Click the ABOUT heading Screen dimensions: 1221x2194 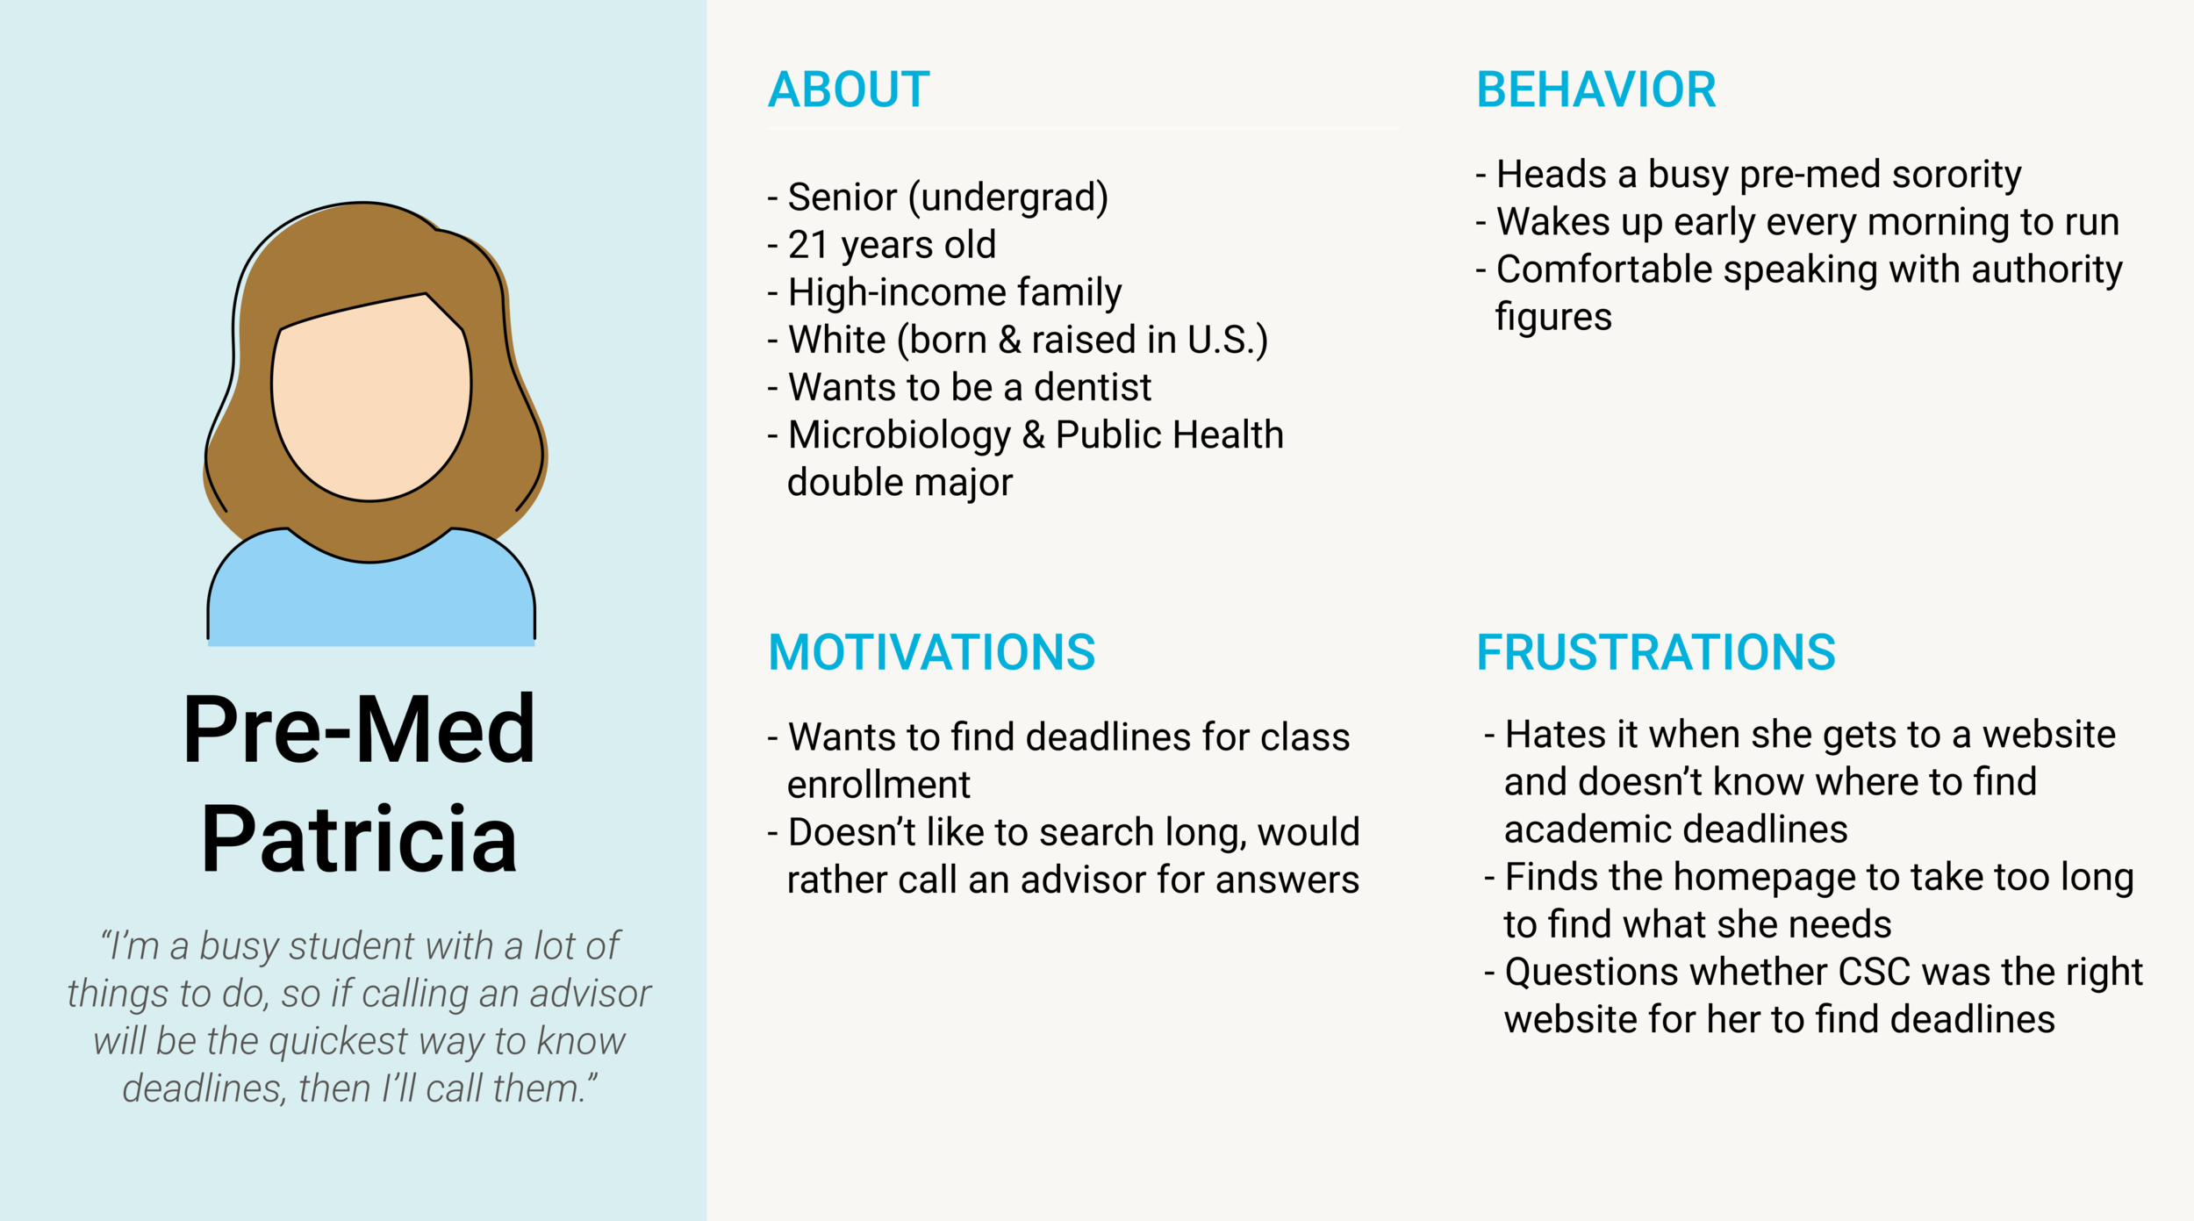[848, 90]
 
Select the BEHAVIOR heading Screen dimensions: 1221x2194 [1595, 90]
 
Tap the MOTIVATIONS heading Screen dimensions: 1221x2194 [931, 652]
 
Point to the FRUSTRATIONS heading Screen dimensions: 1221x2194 [1655, 652]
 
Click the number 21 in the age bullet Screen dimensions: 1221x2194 [807, 245]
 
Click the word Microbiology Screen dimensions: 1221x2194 [899, 435]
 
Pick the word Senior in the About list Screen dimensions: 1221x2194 [842, 198]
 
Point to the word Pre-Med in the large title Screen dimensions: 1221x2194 [359, 729]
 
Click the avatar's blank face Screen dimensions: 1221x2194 [370, 395]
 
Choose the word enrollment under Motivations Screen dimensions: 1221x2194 [878, 785]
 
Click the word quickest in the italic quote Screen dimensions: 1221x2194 [338, 1041]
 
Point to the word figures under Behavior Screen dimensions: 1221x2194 [1552, 317]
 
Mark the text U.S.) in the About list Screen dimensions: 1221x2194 [1226, 340]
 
